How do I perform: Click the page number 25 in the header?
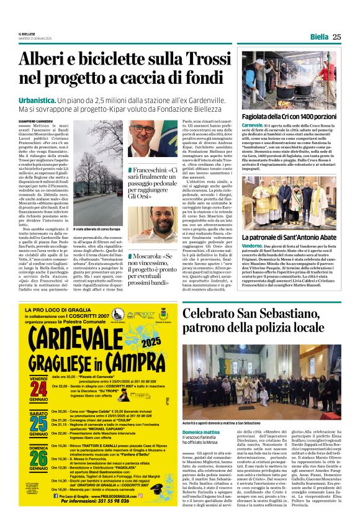point(336,37)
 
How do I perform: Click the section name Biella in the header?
point(319,37)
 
